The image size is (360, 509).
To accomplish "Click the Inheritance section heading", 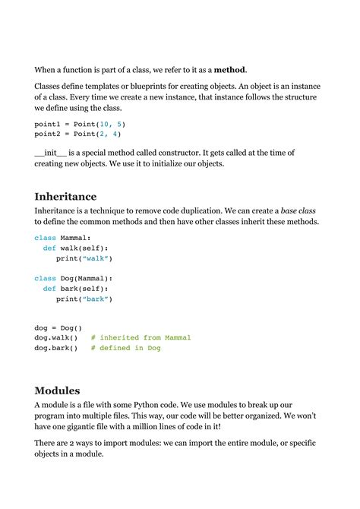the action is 65,196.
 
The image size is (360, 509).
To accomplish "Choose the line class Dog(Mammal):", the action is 73,279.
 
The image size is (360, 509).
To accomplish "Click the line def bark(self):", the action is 76,289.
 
